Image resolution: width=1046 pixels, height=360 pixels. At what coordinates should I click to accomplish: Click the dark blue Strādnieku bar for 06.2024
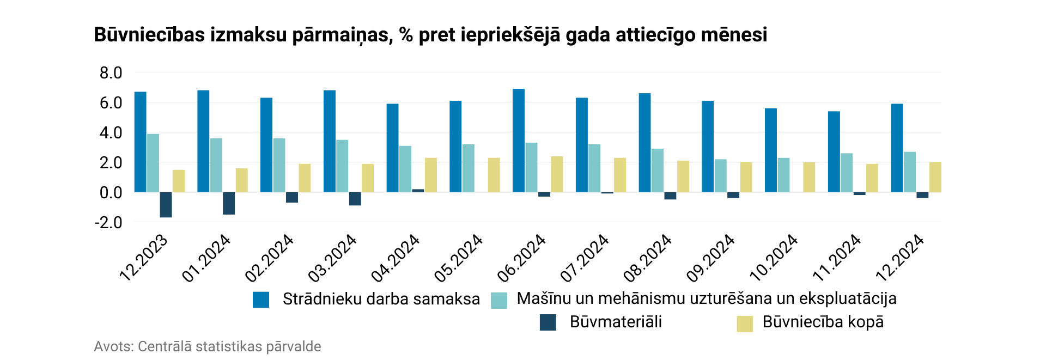point(518,141)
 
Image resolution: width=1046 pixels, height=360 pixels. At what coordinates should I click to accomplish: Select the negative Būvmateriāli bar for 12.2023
point(166,205)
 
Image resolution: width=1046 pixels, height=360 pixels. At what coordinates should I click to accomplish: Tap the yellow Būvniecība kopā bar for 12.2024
point(935,177)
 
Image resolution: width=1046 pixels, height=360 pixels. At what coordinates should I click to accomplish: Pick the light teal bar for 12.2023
point(153,163)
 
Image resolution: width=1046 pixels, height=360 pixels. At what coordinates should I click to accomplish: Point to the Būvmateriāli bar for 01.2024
point(229,203)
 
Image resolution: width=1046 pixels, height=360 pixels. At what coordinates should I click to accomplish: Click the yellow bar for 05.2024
point(494,175)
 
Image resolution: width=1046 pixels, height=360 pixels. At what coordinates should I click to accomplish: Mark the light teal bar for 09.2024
point(720,175)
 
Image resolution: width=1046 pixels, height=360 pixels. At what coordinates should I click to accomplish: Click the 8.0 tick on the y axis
point(111,73)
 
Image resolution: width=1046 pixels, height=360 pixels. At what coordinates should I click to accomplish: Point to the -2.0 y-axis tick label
point(108,223)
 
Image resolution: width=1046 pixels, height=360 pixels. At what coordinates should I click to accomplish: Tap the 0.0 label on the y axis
point(111,192)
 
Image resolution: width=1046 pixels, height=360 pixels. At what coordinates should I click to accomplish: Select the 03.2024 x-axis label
point(332,258)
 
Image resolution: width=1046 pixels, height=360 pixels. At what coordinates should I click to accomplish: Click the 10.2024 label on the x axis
point(774,258)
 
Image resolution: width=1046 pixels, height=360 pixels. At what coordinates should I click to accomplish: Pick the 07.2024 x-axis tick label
point(585,258)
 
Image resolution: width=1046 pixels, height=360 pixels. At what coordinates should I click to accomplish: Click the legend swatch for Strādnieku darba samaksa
point(261,300)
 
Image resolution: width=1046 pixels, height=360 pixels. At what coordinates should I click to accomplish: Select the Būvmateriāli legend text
point(616,322)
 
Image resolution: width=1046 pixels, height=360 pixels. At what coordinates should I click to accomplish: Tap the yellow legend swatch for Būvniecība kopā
point(744,324)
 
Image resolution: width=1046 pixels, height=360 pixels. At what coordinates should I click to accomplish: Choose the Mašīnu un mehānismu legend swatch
point(498,300)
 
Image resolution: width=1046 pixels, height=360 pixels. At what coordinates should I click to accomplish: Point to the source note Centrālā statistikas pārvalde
point(229,346)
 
